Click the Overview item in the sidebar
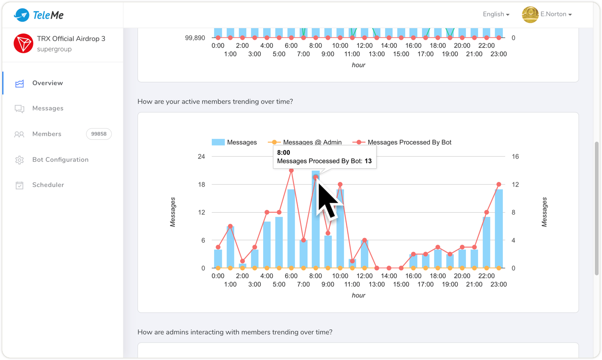[47, 83]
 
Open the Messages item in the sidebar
[48, 108]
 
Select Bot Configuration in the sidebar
[60, 160]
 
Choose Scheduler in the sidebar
[48, 185]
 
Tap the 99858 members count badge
[99, 134]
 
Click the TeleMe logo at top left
[39, 15]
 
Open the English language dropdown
[496, 14]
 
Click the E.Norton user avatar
[530, 14]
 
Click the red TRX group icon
[23, 43]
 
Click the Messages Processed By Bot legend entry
[409, 142]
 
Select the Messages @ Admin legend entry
[312, 142]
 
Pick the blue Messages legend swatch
[218, 142]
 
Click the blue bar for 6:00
[291, 229]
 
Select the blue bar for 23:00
[499, 229]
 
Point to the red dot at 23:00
[499, 185]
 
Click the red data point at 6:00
[291, 171]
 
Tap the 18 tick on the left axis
[201, 185]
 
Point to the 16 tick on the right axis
[515, 157]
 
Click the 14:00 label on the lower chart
[389, 276]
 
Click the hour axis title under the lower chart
[358, 295]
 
